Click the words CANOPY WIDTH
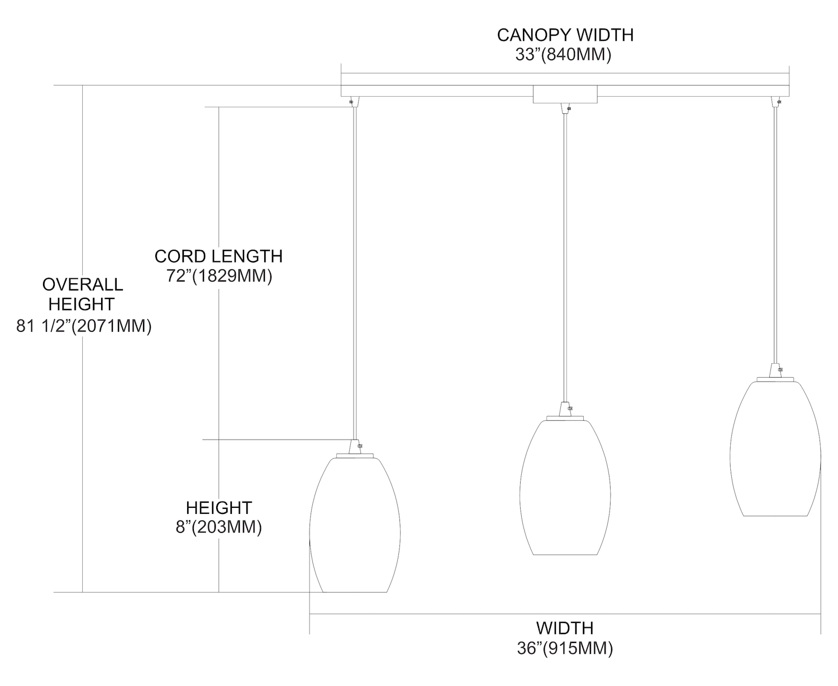565,35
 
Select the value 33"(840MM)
564,54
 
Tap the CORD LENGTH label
218,256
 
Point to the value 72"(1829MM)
220,276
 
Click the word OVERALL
83,284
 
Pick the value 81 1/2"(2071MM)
84,326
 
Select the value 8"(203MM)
219,527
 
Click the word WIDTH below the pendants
565,628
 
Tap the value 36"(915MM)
565,648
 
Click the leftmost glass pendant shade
355,525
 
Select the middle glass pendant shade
565,488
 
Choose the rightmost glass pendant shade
775,449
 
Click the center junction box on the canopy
565,94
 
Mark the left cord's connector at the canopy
354,102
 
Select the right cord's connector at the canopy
775,102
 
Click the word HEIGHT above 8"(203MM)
219,508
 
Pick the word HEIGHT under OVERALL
82,304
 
